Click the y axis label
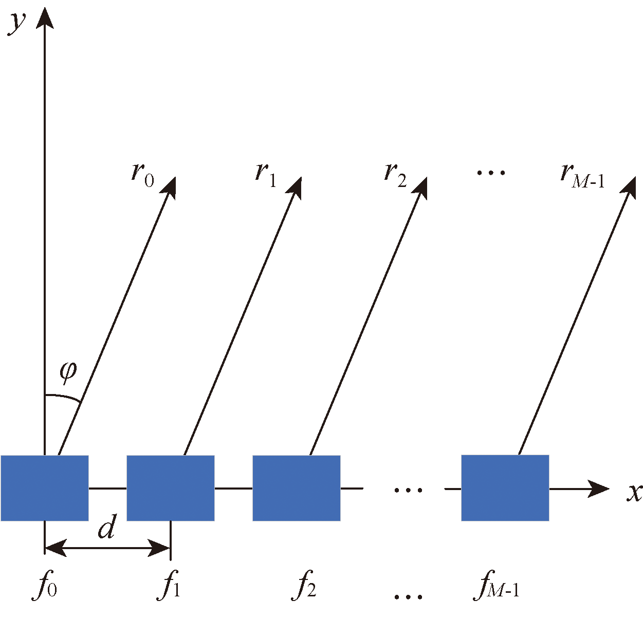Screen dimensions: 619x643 tap(17, 23)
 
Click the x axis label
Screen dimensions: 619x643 tap(634, 492)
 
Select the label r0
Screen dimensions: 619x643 tap(142, 174)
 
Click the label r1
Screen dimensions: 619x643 tap(266, 174)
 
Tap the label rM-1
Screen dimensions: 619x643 tap(582, 175)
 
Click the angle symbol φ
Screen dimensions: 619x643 tap(68, 371)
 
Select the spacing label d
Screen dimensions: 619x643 tap(107, 527)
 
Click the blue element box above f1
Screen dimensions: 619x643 tap(171, 488)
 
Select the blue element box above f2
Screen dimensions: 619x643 tap(297, 488)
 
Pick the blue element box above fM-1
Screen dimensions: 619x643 tap(505, 488)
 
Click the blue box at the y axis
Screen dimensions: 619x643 tap(45, 488)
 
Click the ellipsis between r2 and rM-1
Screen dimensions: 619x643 tap(491, 173)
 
